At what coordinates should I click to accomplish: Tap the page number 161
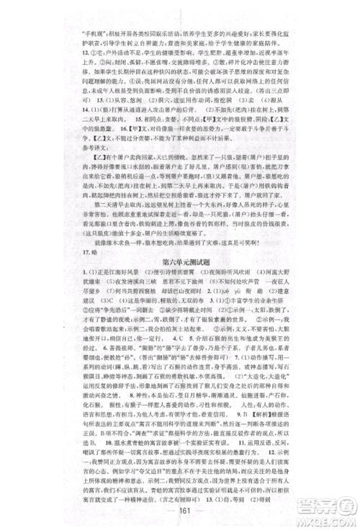(179, 506)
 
